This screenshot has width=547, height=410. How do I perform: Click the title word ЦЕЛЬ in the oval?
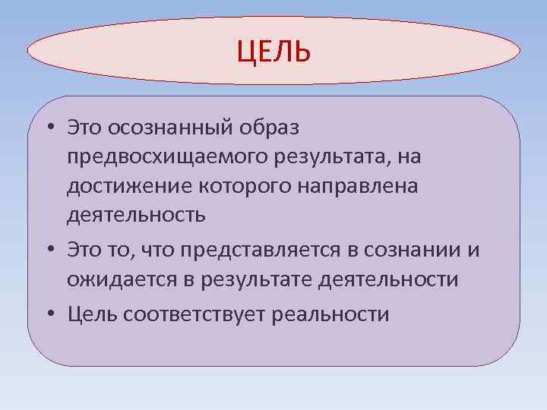(x=273, y=52)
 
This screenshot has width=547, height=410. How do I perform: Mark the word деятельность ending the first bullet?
(x=135, y=216)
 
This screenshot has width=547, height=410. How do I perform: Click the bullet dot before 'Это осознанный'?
(x=48, y=127)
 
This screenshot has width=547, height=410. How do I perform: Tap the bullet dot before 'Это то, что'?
(x=48, y=250)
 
